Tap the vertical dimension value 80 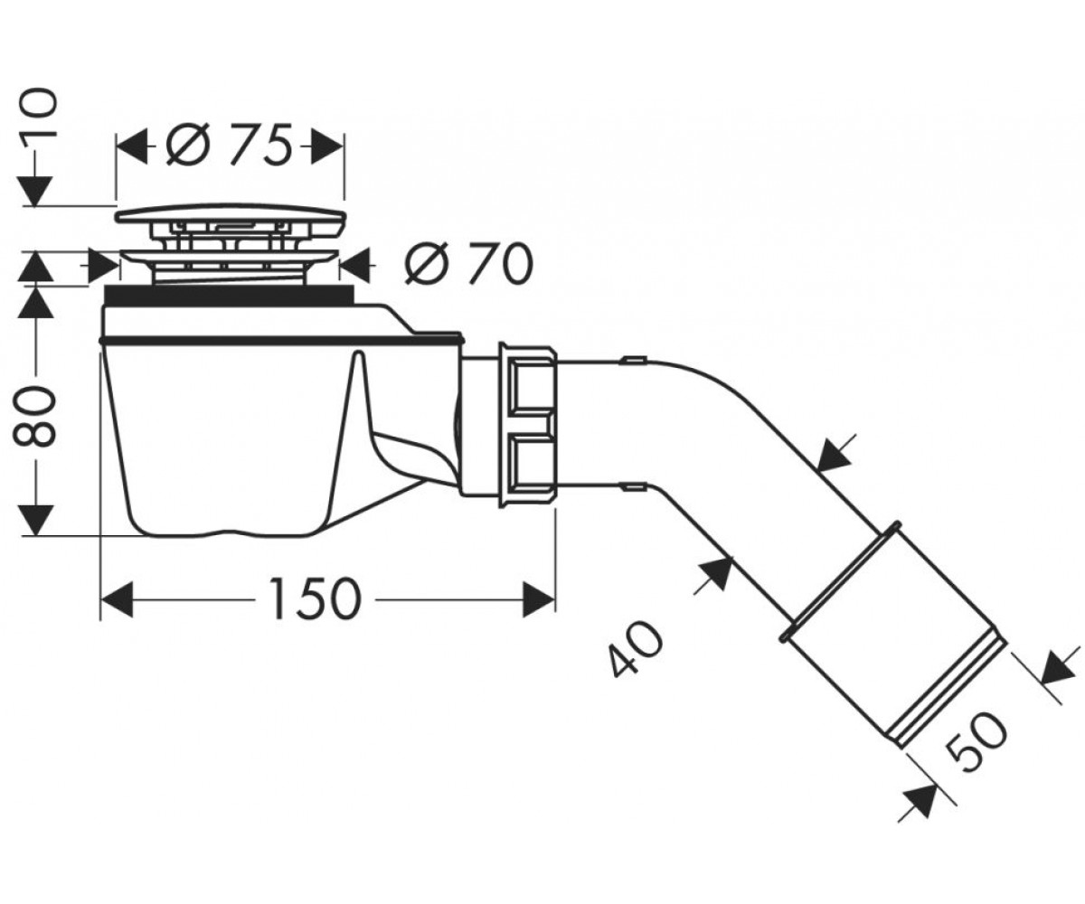click(34, 417)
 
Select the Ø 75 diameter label click(228, 146)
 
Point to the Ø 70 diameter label click(468, 265)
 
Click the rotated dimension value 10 click(35, 119)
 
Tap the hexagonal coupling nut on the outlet click(528, 425)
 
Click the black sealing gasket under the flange click(230, 295)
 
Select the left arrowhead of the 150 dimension click(117, 599)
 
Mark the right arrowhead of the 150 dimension click(538, 599)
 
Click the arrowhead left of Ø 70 click(103, 265)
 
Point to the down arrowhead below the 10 click(35, 191)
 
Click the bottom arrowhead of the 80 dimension click(35, 521)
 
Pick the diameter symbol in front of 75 click(188, 146)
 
